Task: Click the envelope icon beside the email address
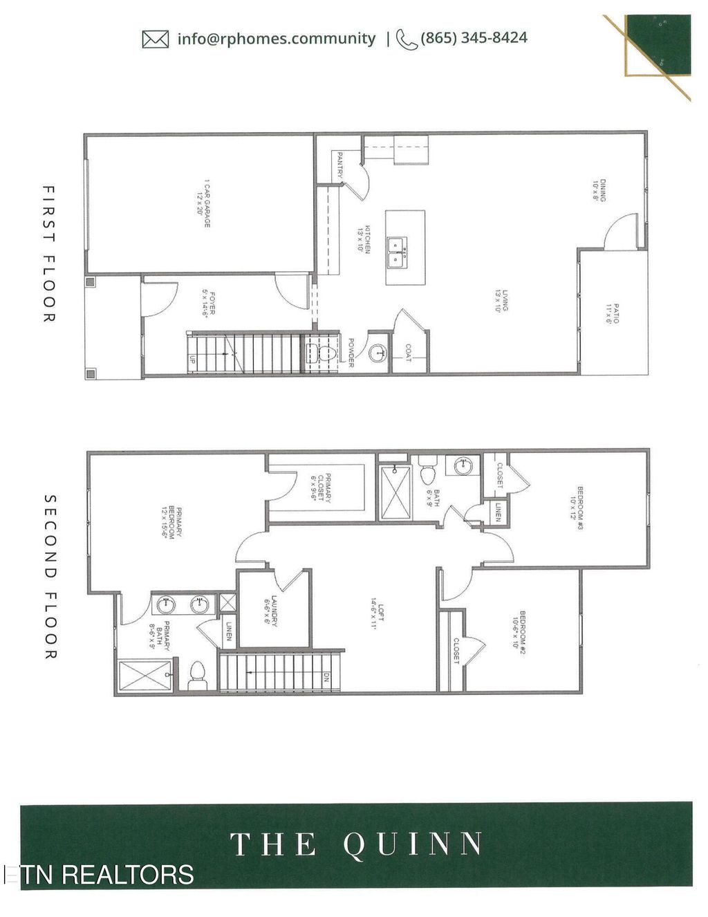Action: [x=155, y=39]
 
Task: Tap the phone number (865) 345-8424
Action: [x=474, y=37]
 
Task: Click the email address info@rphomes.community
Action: [x=276, y=39]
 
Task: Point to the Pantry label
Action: [x=339, y=167]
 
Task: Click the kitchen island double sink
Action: [x=397, y=253]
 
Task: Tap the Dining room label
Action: [x=599, y=189]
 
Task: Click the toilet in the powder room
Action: [x=327, y=354]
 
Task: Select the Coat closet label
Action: [x=407, y=353]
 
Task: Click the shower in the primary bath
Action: [x=145, y=676]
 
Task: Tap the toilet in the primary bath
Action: [x=198, y=674]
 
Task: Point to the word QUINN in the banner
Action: [x=413, y=844]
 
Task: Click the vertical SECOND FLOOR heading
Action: [x=50, y=576]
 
